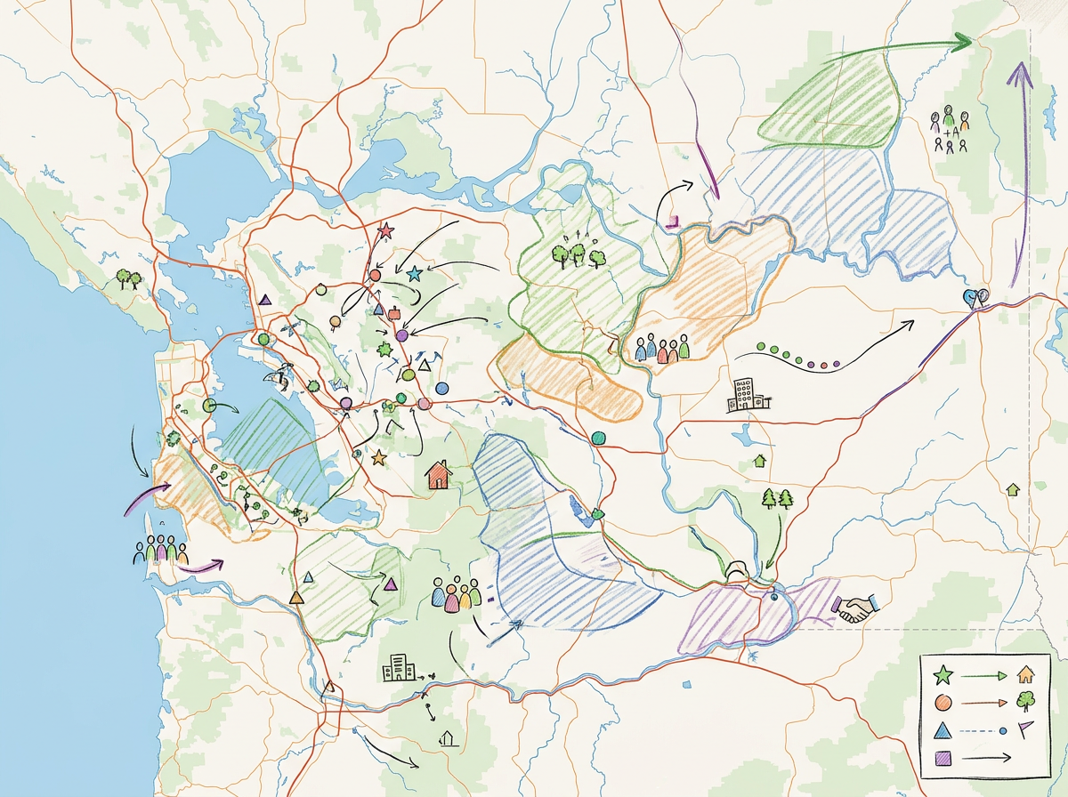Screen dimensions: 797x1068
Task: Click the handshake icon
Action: click(855, 608)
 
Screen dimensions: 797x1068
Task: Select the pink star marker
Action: click(385, 231)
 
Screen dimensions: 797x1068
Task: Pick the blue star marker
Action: click(414, 274)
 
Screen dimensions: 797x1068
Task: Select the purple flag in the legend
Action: click(1026, 729)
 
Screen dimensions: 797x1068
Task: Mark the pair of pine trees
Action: click(777, 498)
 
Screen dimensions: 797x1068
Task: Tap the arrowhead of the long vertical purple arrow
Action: click(1020, 73)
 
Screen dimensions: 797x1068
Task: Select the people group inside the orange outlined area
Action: click(663, 348)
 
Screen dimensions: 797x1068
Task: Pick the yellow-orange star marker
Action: click(378, 457)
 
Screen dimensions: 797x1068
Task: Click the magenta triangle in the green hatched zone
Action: click(390, 584)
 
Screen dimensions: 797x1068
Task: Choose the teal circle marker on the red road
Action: click(598, 437)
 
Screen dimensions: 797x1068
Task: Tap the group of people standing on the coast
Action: click(160, 551)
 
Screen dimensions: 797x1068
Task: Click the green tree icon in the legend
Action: click(1025, 702)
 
